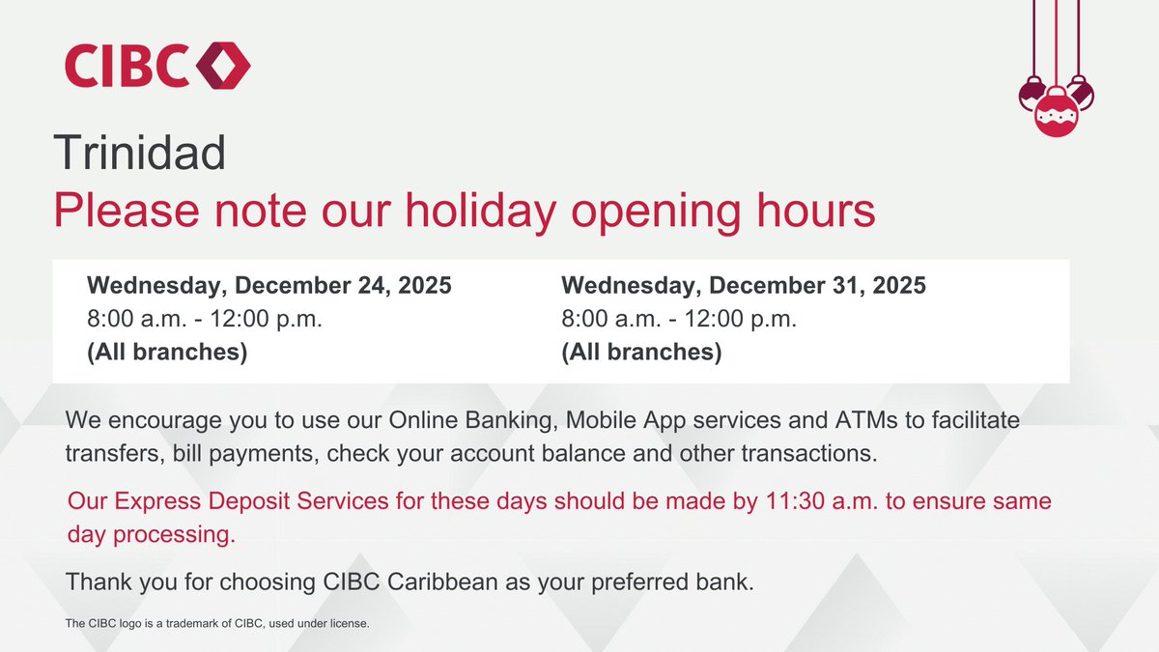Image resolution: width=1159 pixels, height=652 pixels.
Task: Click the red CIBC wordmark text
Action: click(x=127, y=67)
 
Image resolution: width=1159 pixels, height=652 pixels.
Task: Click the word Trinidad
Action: click(x=139, y=154)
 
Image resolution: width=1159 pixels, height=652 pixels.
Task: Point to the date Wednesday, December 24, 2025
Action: click(x=269, y=287)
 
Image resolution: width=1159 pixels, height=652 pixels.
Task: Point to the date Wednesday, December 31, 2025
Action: click(x=743, y=287)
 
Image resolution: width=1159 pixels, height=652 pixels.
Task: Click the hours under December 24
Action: click(x=205, y=320)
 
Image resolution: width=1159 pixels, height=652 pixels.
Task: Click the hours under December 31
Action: click(x=679, y=320)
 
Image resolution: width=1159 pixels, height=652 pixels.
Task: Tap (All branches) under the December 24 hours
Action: click(x=167, y=353)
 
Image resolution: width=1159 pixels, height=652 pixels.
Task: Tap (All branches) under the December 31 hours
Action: click(x=641, y=353)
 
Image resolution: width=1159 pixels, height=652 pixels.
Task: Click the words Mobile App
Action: click(x=621, y=422)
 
